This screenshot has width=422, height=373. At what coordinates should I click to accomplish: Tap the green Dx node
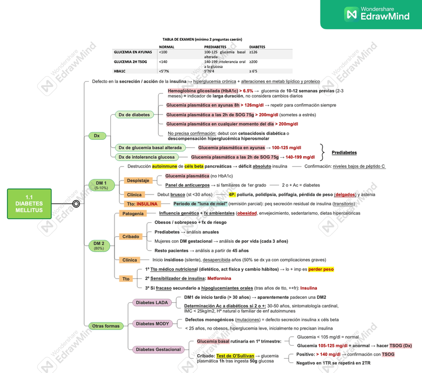click(97, 135)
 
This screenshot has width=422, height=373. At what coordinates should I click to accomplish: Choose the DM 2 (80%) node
click(99, 245)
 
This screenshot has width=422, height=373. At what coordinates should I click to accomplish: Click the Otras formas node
click(105, 326)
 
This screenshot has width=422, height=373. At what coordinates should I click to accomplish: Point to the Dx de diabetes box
click(134, 115)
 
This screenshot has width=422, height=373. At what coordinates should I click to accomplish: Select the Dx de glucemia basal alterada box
click(150, 148)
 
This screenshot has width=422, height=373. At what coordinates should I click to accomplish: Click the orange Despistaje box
click(138, 180)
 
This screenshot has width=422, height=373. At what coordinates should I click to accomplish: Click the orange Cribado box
click(131, 237)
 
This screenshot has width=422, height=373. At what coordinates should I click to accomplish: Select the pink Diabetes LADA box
click(152, 302)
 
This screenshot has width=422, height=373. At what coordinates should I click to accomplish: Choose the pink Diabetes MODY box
click(152, 324)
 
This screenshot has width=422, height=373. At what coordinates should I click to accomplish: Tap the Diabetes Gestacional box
click(158, 350)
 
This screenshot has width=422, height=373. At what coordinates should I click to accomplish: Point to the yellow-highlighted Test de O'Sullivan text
click(235, 356)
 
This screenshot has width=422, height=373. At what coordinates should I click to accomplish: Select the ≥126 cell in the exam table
click(253, 52)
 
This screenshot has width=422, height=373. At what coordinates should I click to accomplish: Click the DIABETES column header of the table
click(257, 47)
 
